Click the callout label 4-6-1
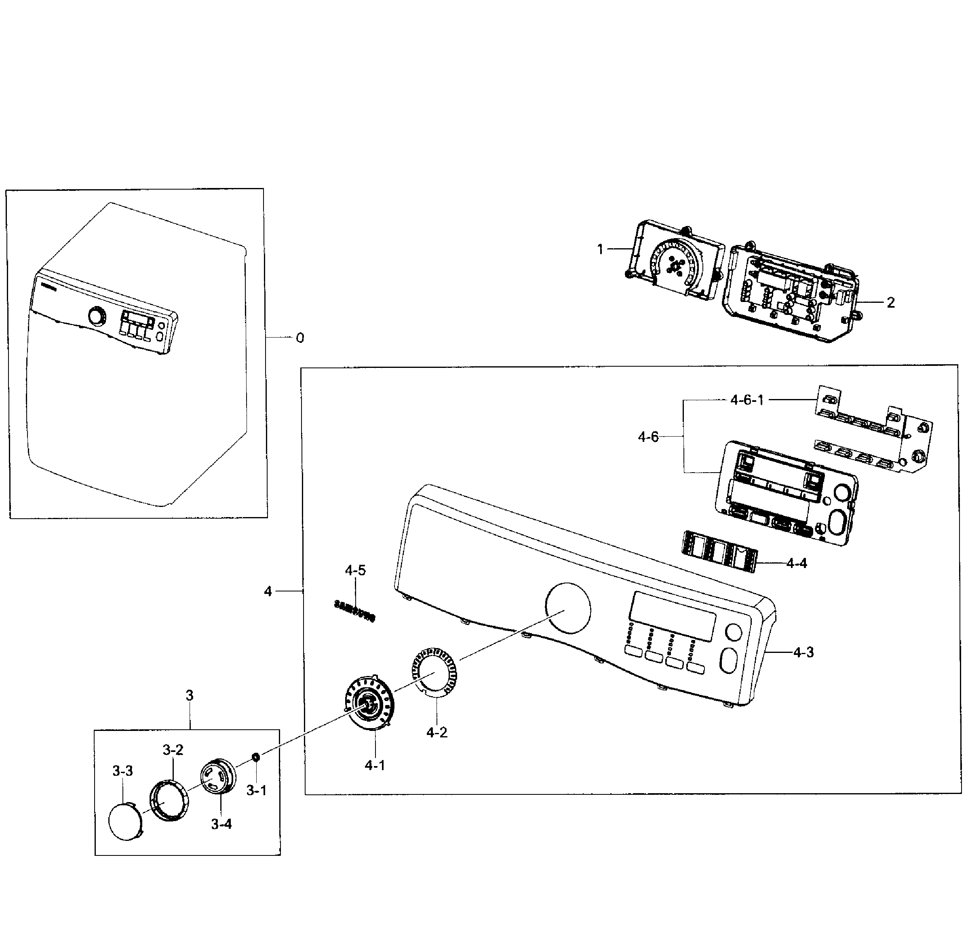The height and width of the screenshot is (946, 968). coord(747,400)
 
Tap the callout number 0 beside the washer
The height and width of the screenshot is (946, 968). coord(299,338)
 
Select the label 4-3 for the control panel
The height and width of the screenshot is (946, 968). coord(803,652)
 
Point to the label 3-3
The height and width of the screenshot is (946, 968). coord(122,771)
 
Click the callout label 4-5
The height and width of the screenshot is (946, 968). coord(355,570)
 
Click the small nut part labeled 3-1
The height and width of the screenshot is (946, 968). coord(256,757)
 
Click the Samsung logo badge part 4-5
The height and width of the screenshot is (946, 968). coord(354,610)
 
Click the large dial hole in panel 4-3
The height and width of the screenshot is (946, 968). coord(568,608)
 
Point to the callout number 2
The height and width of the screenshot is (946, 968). coord(890,302)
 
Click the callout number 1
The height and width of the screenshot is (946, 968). coord(600,249)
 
